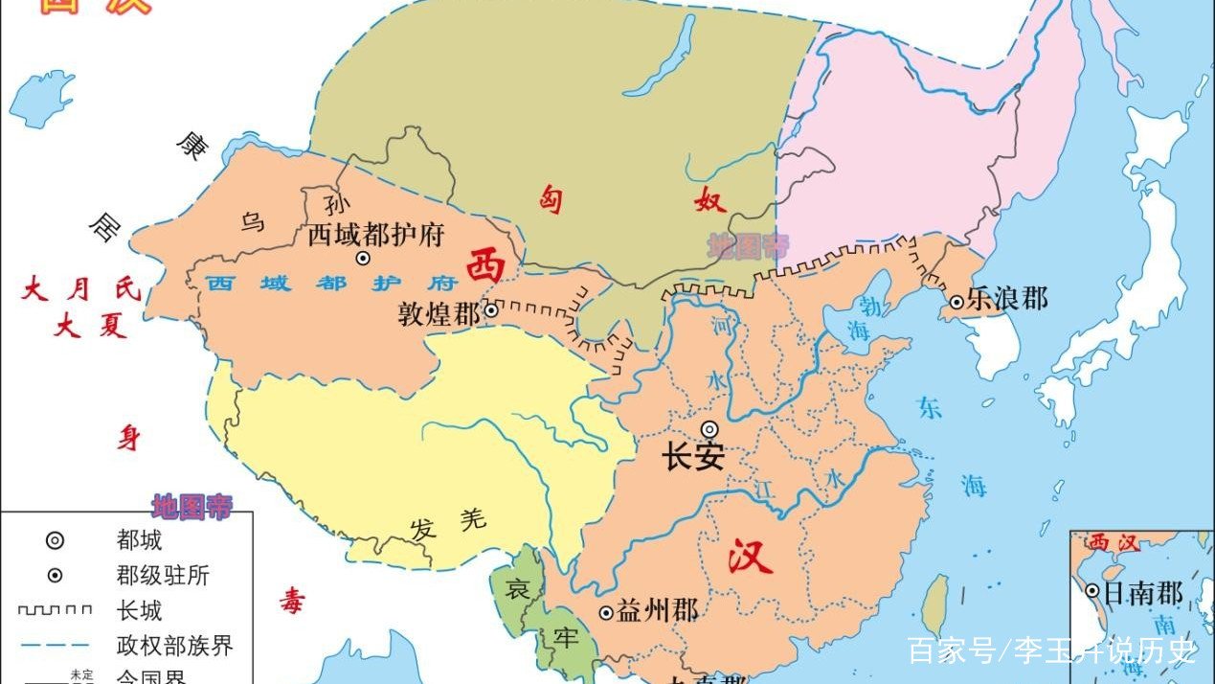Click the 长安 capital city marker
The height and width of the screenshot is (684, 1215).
click(x=709, y=429)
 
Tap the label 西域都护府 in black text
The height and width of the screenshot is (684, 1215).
click(x=375, y=235)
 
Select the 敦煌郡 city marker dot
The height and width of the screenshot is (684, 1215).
click(x=491, y=309)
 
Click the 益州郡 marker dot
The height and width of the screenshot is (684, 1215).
click(x=606, y=612)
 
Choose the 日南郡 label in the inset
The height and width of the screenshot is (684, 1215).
click(x=1143, y=593)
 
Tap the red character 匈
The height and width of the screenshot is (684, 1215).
click(x=550, y=199)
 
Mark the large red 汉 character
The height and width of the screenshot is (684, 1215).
click(x=749, y=555)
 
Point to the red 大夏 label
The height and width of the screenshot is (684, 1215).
click(x=90, y=327)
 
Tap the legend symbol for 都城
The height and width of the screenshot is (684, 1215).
click(x=56, y=540)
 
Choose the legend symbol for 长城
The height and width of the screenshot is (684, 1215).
click(x=56, y=609)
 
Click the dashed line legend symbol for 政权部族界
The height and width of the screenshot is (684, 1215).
click(x=56, y=645)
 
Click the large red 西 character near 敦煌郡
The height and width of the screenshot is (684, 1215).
click(x=485, y=265)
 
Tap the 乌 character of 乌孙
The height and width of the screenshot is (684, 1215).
click(x=253, y=222)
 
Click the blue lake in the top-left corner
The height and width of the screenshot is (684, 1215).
click(x=42, y=97)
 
